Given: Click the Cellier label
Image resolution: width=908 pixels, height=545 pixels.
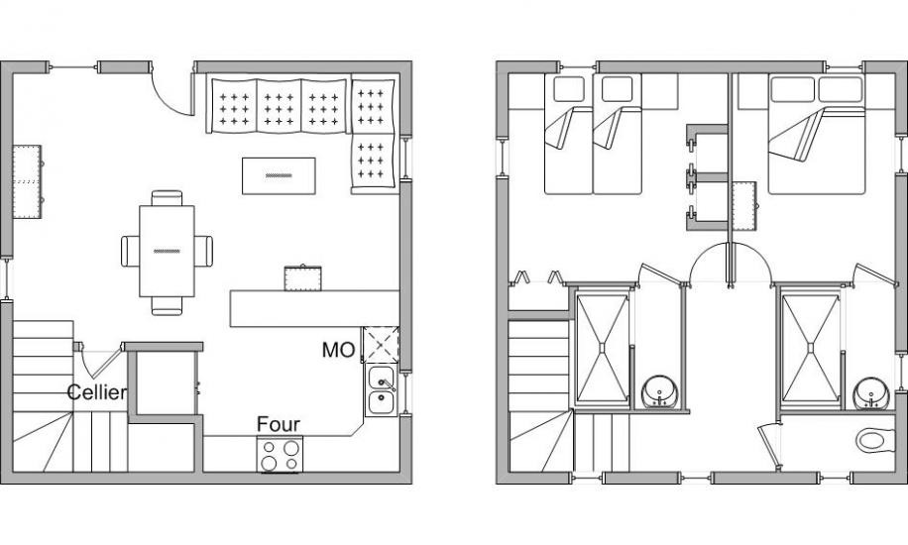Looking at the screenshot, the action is pyautogui.click(x=97, y=392).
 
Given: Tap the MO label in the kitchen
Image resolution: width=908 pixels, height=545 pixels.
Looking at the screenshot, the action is pyautogui.click(x=339, y=350).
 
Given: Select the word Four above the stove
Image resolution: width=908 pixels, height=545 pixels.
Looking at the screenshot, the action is pyautogui.click(x=278, y=424).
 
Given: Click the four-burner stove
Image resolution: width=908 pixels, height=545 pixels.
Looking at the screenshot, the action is pyautogui.click(x=280, y=455).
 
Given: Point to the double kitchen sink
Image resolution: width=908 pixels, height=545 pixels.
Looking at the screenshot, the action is pyautogui.click(x=381, y=390).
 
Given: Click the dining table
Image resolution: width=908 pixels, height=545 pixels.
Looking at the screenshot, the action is pyautogui.click(x=167, y=251).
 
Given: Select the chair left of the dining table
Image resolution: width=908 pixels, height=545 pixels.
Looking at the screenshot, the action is pyautogui.click(x=130, y=251).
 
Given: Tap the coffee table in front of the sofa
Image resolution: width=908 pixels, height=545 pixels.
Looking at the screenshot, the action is pyautogui.click(x=279, y=175).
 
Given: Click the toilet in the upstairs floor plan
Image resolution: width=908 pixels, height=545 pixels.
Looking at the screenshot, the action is pyautogui.click(x=875, y=441).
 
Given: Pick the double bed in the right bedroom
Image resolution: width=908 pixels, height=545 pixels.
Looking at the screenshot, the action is pyautogui.click(x=817, y=134).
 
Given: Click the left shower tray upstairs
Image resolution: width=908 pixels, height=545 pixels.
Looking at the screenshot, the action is pyautogui.click(x=603, y=348).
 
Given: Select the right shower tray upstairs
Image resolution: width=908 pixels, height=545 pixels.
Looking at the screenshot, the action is pyautogui.click(x=810, y=348).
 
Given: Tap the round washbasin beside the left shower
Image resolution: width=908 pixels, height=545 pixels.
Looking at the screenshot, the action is pyautogui.click(x=660, y=392).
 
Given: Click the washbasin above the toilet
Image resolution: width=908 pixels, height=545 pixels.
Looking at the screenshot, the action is pyautogui.click(x=871, y=393).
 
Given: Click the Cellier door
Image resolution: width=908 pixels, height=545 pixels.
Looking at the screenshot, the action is pyautogui.click(x=98, y=361).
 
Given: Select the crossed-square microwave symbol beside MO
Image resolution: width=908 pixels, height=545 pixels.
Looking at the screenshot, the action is pyautogui.click(x=381, y=345).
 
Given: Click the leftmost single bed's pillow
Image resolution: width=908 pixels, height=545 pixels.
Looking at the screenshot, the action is pyautogui.click(x=569, y=88).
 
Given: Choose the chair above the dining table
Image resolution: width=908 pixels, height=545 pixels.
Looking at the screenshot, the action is pyautogui.click(x=167, y=198).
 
